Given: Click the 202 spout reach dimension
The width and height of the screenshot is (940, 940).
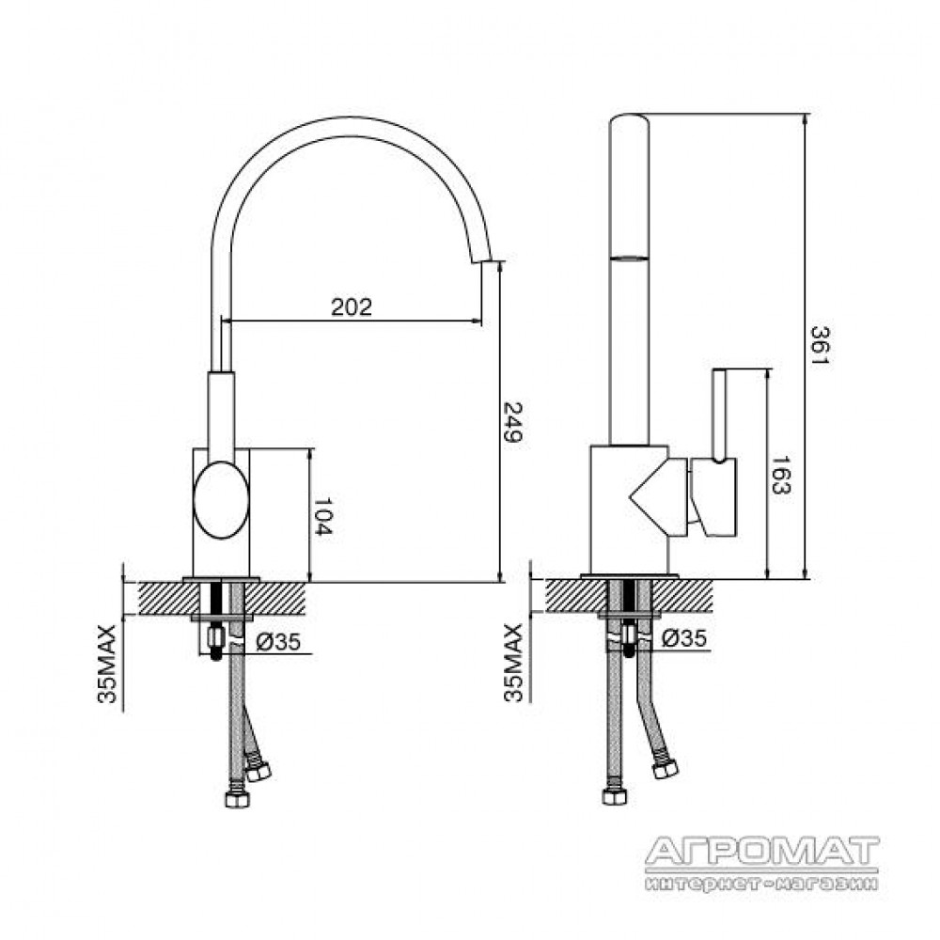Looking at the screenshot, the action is pyautogui.click(x=352, y=307).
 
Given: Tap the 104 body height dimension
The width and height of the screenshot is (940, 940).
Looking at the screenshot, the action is pyautogui.click(x=322, y=516).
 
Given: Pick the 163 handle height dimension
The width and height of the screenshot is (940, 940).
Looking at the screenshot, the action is pyautogui.click(x=780, y=476).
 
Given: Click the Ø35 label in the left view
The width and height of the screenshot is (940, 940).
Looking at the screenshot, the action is pyautogui.click(x=278, y=643).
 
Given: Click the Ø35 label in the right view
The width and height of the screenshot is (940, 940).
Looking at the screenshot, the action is pyautogui.click(x=684, y=638).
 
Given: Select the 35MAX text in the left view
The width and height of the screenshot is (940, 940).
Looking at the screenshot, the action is pyautogui.click(x=107, y=664).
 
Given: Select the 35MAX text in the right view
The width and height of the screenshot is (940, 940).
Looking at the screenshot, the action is pyautogui.click(x=514, y=663).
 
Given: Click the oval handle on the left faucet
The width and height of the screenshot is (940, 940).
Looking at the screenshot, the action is pyautogui.click(x=221, y=499).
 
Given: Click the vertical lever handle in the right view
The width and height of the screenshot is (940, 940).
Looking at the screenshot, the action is pyautogui.click(x=719, y=415).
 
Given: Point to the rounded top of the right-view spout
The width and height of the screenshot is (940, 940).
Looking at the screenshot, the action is pyautogui.click(x=629, y=121).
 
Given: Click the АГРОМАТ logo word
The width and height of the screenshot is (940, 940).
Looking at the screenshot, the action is pyautogui.click(x=762, y=853).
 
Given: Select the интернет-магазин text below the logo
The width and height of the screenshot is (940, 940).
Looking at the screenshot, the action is pyautogui.click(x=762, y=884).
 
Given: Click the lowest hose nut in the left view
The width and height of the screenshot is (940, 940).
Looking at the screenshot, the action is pyautogui.click(x=238, y=799).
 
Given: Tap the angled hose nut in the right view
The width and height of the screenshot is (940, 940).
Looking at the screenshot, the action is pyautogui.click(x=666, y=769).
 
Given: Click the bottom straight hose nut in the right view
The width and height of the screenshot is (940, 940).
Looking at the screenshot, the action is pyautogui.click(x=615, y=796).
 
